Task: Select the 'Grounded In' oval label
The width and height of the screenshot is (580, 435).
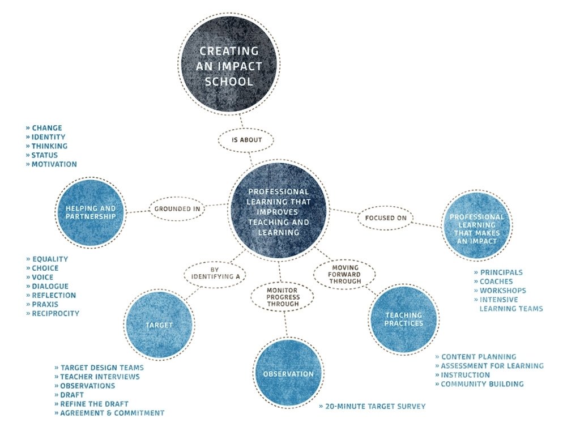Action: click(177, 208)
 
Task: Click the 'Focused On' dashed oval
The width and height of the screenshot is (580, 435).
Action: click(385, 217)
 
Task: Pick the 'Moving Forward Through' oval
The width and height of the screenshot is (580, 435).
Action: click(345, 274)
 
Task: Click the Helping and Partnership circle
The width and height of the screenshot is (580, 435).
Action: click(91, 212)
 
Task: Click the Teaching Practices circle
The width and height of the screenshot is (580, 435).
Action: click(404, 319)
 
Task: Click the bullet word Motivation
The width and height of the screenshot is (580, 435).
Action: click(54, 164)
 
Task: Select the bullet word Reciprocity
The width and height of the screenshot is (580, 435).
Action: click(55, 313)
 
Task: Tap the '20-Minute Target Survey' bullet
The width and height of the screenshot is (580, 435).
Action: click(374, 406)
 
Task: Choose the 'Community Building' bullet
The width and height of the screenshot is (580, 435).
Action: click(482, 384)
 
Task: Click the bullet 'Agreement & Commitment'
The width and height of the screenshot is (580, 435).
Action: click(112, 413)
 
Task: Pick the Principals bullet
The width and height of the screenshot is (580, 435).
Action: click(501, 272)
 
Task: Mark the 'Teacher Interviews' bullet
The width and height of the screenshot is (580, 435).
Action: click(100, 377)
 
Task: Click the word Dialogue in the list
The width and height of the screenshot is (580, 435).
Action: click(50, 286)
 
